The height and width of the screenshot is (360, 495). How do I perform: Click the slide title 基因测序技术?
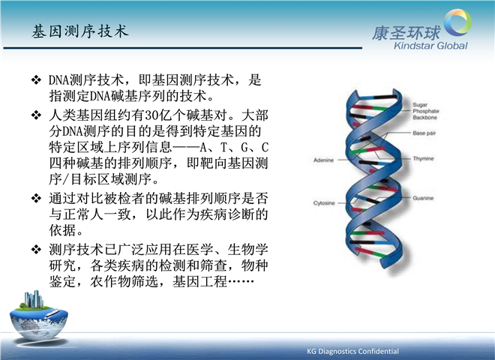pos(80,31)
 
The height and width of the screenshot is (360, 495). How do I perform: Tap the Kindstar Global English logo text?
pos(430,46)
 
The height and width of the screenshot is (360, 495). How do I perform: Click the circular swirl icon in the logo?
pos(457,22)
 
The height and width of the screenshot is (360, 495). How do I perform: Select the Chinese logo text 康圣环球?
pos(406,33)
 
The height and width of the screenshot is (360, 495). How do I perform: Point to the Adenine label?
pos(323,160)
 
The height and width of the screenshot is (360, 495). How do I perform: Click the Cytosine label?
pos(324,202)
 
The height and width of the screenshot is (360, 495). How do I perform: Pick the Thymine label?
pos(423,158)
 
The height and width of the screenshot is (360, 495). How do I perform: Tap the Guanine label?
pos(423,198)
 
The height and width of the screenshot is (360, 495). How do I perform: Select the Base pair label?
pos(424,133)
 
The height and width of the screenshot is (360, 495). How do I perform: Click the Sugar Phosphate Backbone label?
pos(425,111)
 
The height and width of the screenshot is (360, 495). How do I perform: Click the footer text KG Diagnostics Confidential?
pos(352,351)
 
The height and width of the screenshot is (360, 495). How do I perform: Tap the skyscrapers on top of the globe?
pos(34,298)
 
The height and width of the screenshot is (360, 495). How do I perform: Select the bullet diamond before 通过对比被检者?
pos(36,198)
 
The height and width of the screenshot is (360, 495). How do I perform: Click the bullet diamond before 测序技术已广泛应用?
pos(36,250)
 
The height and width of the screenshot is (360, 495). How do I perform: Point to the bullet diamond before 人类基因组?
pos(36,115)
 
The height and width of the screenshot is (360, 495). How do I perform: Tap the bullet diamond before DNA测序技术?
pos(36,79)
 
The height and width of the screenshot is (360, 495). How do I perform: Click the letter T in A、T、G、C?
pos(223,148)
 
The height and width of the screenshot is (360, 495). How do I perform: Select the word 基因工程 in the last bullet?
pos(199,281)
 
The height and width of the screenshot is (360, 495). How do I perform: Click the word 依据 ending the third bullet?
pos(62,230)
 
